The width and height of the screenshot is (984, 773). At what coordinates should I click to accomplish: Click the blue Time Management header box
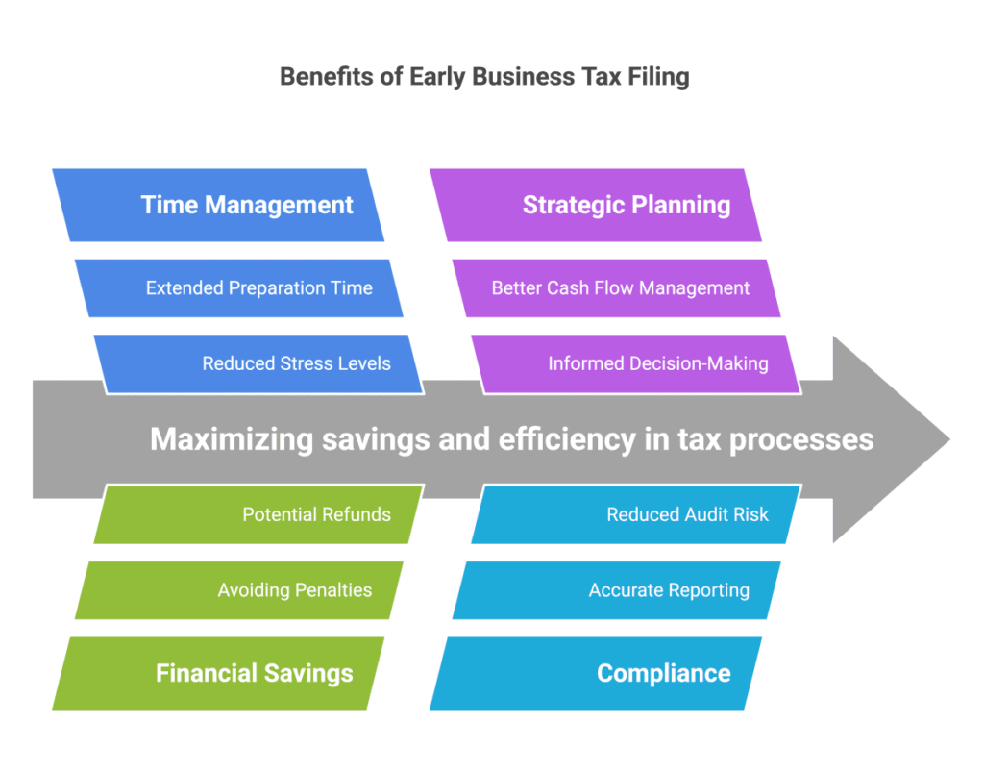tap(218, 205)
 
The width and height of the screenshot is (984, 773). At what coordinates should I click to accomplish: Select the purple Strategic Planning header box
tap(596, 205)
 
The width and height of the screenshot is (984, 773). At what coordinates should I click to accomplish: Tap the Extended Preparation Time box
tap(239, 288)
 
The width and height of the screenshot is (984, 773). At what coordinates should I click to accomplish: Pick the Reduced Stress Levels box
tap(259, 364)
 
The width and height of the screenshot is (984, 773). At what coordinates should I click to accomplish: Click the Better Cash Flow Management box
tap(617, 288)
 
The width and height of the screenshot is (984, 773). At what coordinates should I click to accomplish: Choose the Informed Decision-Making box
tap(637, 364)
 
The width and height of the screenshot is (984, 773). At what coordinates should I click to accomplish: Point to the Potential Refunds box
tap(259, 514)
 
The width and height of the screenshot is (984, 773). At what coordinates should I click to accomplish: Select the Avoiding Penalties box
tap(239, 590)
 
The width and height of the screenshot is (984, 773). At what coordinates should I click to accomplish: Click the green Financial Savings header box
tap(218, 673)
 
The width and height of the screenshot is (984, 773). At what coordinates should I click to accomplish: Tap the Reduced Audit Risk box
tap(637, 514)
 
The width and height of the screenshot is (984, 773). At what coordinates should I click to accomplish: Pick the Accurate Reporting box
tap(617, 590)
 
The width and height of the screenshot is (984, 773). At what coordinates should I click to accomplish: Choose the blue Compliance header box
tap(596, 673)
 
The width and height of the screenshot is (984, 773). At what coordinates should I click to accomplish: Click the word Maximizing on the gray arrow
tap(232, 439)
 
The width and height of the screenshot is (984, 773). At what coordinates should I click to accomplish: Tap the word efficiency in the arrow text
tap(567, 439)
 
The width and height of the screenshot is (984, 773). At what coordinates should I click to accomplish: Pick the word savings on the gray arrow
tap(376, 440)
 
